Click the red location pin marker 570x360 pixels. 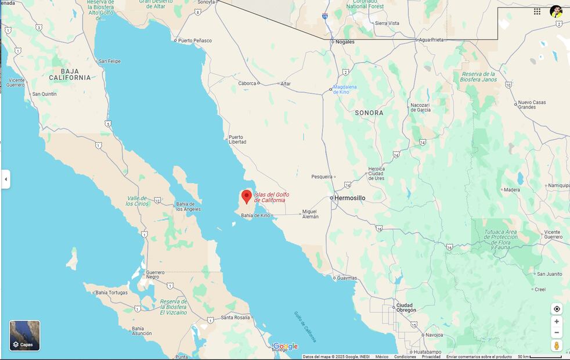pos(247,196)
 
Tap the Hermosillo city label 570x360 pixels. pos(350,198)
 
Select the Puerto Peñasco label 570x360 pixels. pos(194,41)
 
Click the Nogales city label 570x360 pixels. pos(344,42)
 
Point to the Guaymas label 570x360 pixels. pos(347,278)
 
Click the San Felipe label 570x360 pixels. pos(109,61)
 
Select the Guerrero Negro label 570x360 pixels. pos(155,275)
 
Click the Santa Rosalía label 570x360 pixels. pos(235,318)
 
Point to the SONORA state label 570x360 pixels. pos(369,113)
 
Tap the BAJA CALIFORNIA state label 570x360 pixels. pos(70,74)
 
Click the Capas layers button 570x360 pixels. pos(25,336)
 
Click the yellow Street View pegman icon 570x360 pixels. pos(557,346)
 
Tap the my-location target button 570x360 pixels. pos(557,309)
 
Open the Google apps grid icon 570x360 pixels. pos(537,11)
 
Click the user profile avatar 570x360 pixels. pos(556,11)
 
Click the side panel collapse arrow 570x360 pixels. pos(6,179)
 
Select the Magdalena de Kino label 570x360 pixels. pos(345,89)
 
